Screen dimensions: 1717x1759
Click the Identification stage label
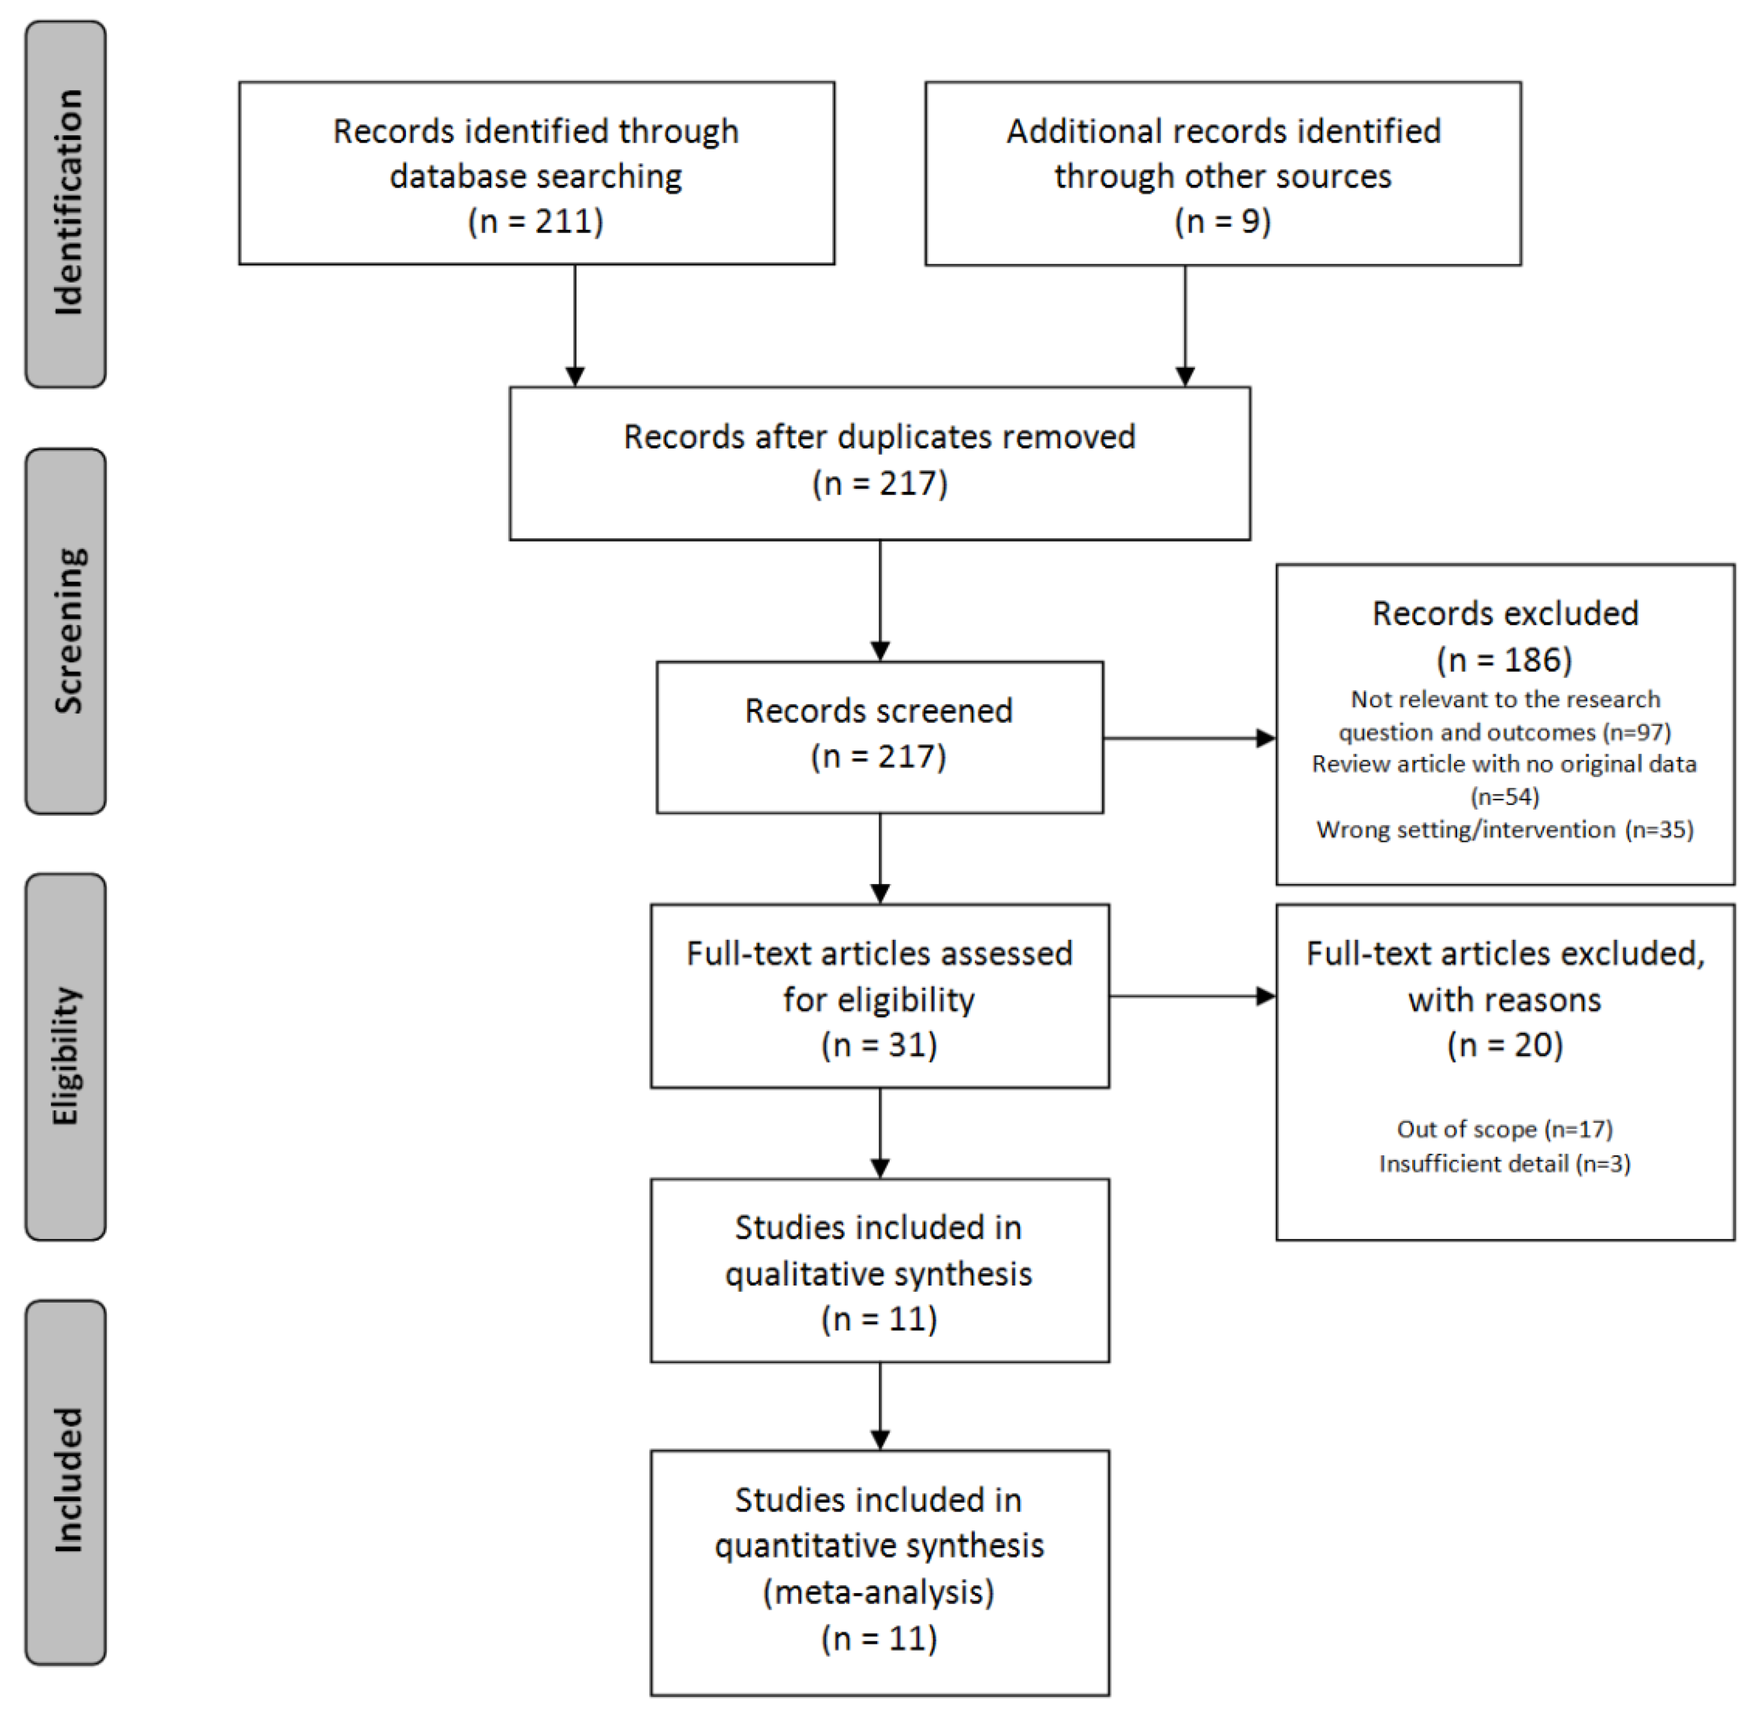click(x=66, y=204)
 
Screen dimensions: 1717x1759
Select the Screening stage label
click(x=66, y=631)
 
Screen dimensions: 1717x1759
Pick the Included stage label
click(x=66, y=1482)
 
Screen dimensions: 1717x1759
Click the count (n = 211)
click(x=536, y=221)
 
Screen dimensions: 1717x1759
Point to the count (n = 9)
click(x=1222, y=221)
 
